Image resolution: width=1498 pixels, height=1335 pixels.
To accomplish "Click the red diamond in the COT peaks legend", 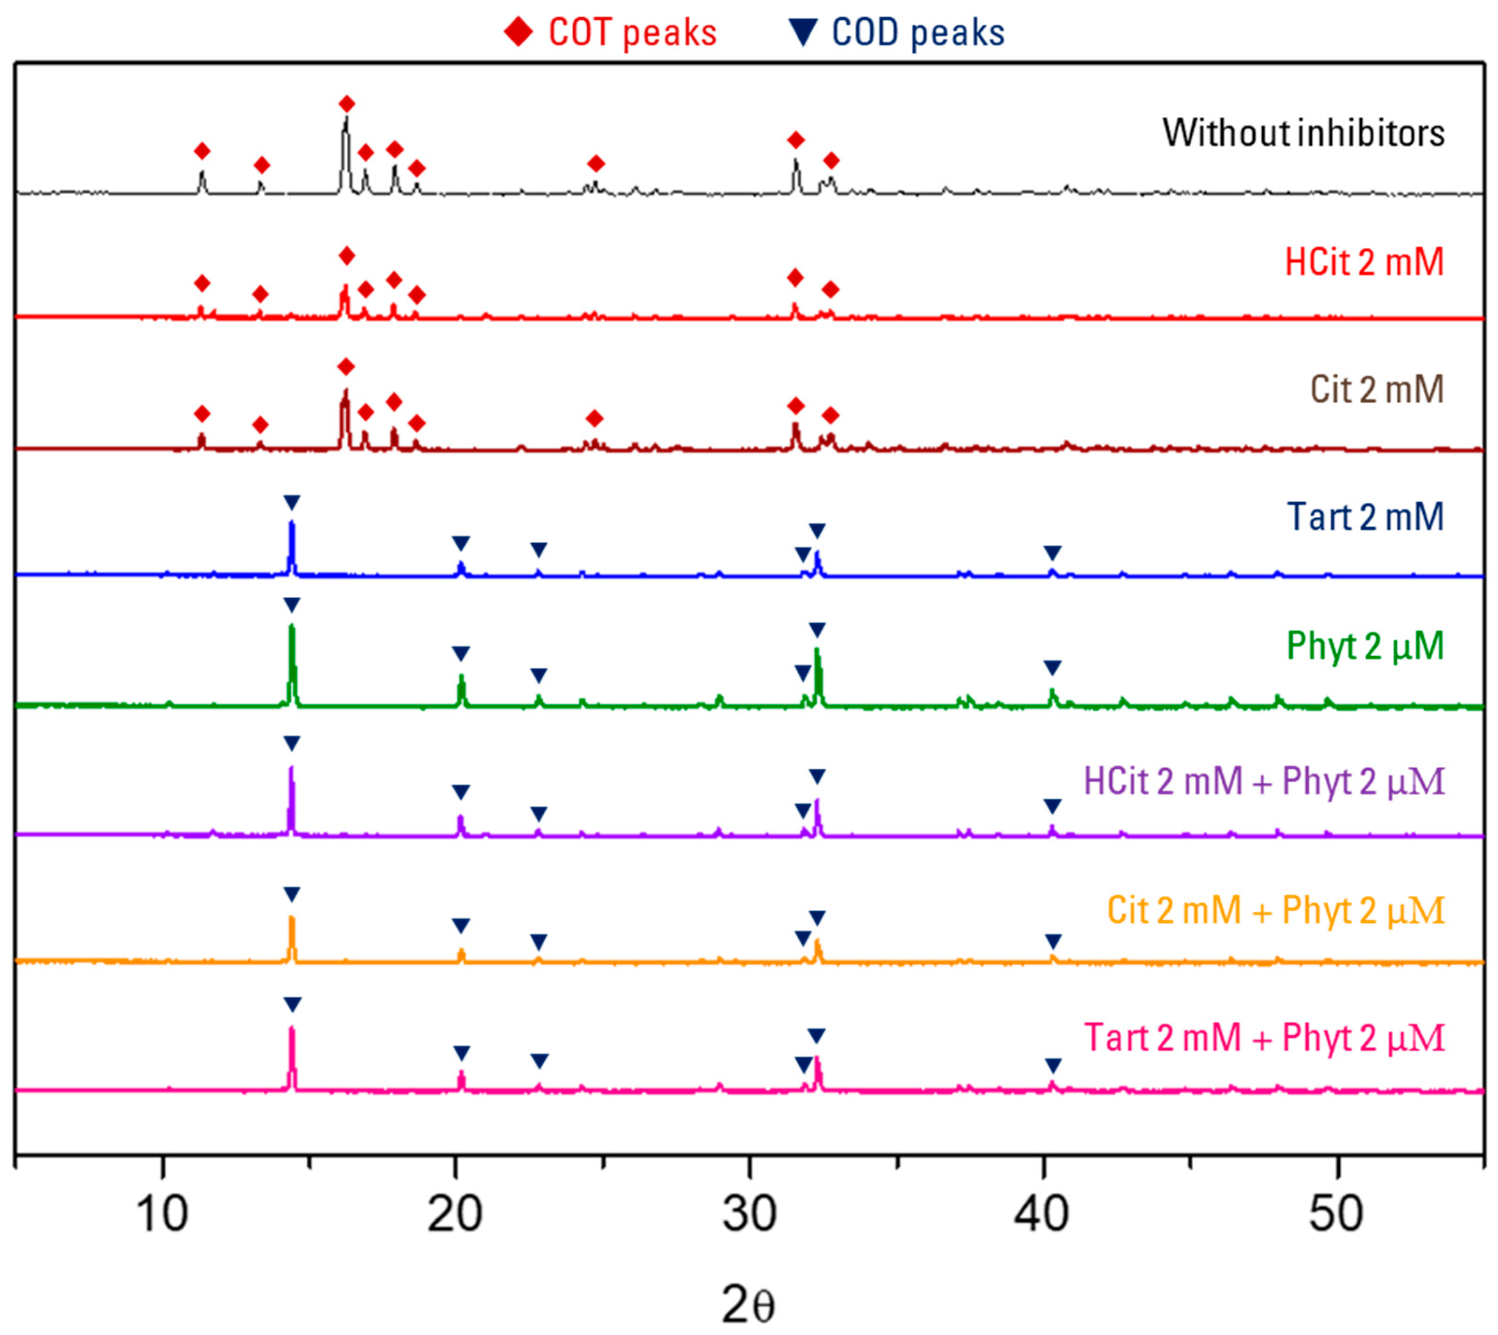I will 519,33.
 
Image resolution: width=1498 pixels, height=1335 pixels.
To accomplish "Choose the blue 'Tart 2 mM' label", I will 1365,517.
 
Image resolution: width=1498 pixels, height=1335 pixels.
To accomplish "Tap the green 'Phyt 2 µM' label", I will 1365,646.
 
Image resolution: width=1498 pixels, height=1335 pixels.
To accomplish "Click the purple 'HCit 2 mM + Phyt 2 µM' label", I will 1264,781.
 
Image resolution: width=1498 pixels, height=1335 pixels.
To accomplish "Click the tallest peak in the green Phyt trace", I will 292,628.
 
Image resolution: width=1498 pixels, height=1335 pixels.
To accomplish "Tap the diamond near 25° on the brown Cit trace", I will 595,419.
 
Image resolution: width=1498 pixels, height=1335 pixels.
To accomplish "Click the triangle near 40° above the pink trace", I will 1053,1065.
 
